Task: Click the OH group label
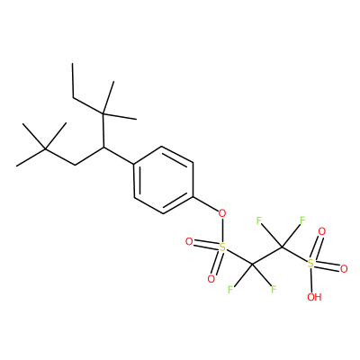pos(314,297)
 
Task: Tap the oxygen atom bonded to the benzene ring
pos(221,214)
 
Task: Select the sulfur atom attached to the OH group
pos(311,264)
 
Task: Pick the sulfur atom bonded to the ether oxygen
pos(222,247)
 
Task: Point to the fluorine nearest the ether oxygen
pos(259,220)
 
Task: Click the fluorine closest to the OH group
pos(274,289)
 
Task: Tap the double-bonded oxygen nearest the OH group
pos(344,269)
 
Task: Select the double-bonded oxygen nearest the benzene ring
pos(189,241)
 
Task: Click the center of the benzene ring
pos(163,180)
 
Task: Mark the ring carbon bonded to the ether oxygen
pos(193,197)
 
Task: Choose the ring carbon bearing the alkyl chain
pos(134,164)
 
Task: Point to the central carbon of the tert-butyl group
pos(45,148)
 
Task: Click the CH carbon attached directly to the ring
pos(103,147)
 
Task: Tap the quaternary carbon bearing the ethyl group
pos(103,113)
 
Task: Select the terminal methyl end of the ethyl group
pos(73,64)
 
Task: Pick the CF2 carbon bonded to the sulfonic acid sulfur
pos(282,247)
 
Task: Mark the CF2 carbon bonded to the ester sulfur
pos(252,264)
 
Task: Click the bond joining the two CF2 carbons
pos(267,256)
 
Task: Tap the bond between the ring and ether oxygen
pos(205,204)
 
